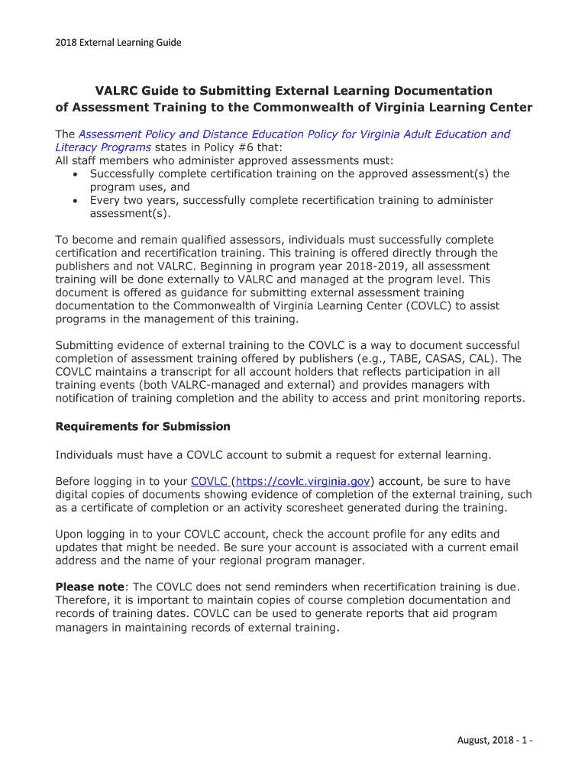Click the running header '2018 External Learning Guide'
click(x=118, y=43)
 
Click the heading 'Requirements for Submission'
click(x=143, y=426)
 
